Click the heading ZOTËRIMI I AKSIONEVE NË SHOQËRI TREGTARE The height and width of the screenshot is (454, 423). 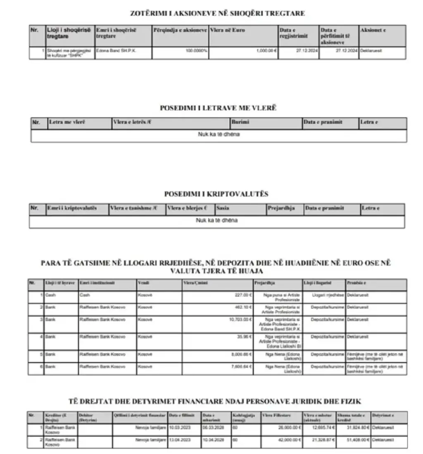(217, 13)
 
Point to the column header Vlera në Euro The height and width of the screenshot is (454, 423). (227, 30)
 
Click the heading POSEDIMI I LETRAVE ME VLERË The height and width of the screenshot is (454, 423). (218, 108)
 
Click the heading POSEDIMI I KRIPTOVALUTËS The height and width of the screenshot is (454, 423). (216, 194)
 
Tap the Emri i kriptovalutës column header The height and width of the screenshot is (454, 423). (72, 208)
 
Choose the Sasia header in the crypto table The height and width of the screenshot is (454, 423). (223, 208)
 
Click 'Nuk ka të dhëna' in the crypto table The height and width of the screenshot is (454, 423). (216, 220)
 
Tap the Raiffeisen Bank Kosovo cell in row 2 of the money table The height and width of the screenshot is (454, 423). (102, 307)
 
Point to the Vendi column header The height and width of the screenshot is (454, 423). (143, 283)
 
